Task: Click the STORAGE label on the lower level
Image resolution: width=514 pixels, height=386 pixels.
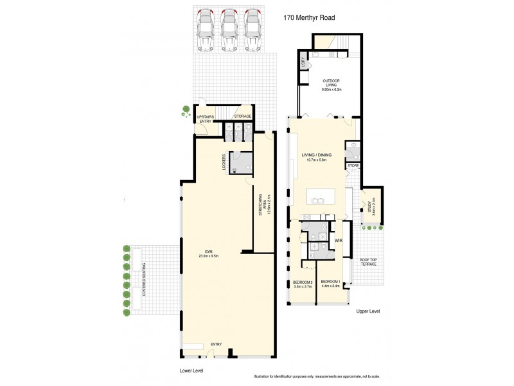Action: click(243, 116)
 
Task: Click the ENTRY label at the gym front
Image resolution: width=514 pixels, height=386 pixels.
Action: click(216, 345)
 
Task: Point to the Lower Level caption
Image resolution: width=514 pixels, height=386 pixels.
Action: click(191, 371)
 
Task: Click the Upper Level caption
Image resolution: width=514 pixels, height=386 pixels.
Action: click(368, 311)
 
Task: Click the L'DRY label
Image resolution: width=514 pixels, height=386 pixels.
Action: click(302, 63)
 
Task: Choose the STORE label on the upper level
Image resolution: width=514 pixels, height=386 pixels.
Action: click(353, 166)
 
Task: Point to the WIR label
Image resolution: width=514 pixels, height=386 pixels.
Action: click(338, 241)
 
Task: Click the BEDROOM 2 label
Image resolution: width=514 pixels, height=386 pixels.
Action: click(303, 284)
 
